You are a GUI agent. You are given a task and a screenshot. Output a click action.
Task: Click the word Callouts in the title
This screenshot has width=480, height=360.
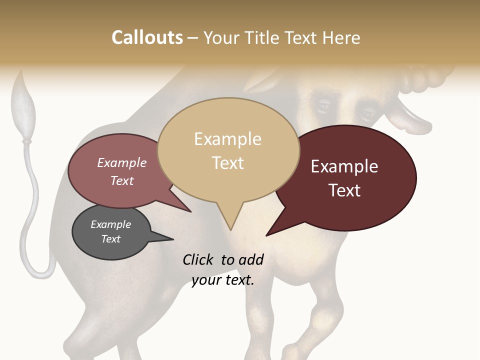coord(147,37)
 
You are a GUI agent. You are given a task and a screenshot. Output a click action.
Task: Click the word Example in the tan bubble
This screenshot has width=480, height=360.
coord(227,139)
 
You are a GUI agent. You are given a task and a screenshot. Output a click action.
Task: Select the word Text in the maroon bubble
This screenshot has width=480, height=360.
coord(344,190)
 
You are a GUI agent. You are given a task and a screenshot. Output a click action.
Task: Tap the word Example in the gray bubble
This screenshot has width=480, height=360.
coord(110,224)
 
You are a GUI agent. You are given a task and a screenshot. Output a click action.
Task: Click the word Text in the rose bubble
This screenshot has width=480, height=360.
coord(122,180)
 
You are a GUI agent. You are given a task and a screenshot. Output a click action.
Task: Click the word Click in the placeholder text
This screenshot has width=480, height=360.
coord(198,259)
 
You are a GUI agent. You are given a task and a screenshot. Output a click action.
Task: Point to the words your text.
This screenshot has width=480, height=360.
coord(222,280)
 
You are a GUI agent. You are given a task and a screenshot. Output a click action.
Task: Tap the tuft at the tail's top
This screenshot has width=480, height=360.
coord(23,100)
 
